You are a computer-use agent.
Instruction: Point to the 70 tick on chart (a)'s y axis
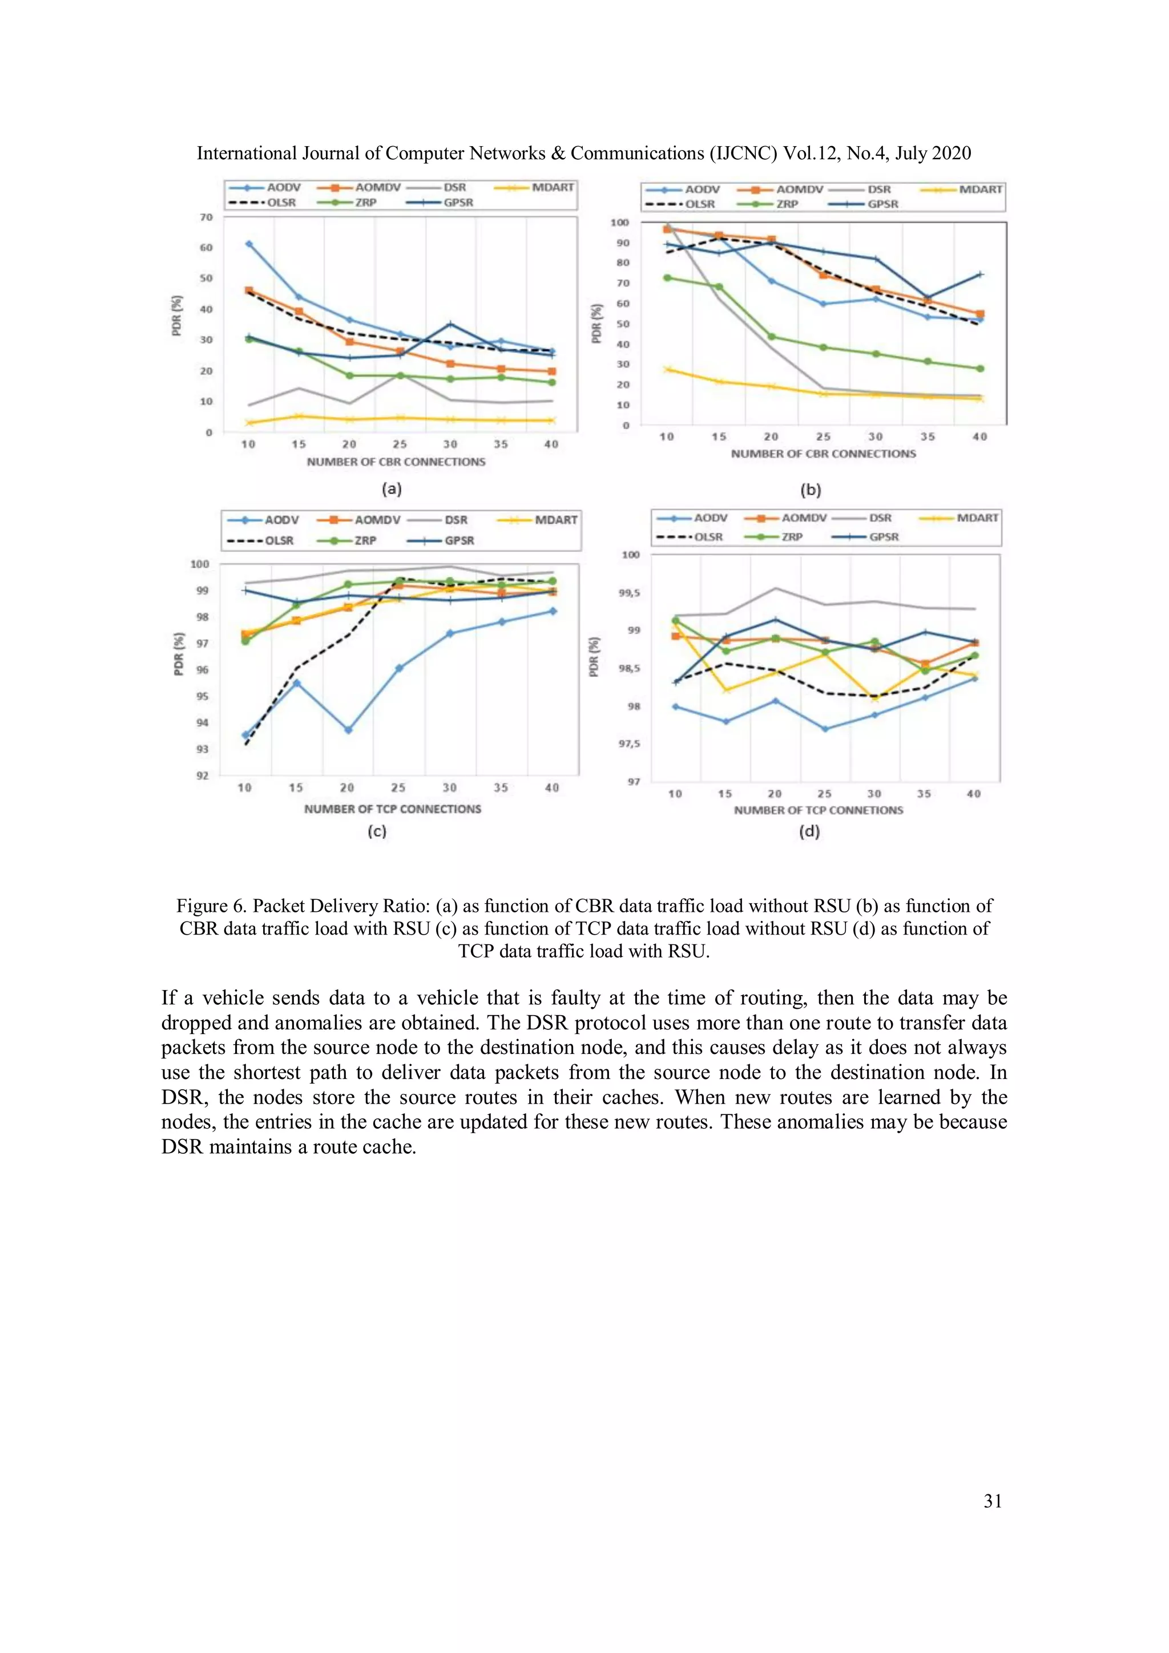coord(207,217)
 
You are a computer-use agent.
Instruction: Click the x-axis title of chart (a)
coord(396,462)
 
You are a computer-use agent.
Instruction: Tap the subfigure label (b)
coord(811,490)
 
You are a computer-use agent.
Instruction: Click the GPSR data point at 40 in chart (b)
coord(979,274)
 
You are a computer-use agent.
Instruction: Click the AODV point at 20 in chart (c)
coord(348,730)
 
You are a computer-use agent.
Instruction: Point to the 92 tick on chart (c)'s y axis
coord(203,775)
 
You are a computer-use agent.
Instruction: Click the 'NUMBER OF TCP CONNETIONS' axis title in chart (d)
coord(818,810)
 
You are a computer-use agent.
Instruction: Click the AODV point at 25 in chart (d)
coord(825,729)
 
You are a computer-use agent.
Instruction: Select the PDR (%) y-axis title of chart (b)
coord(596,324)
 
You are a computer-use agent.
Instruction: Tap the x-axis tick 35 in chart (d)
coord(924,793)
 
